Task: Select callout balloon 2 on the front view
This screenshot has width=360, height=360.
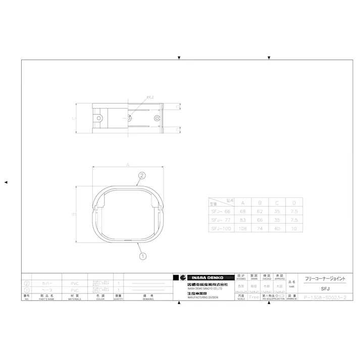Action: point(142,176)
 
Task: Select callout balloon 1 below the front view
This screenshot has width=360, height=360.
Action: point(142,255)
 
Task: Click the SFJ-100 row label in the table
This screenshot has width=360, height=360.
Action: point(220,229)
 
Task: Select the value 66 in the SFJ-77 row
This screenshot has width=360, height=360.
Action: point(260,220)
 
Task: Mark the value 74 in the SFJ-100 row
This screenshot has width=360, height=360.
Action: point(260,229)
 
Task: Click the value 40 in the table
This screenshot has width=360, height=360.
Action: point(277,229)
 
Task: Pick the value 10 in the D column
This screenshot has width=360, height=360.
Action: point(295,229)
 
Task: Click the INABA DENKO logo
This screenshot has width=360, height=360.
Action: point(204,278)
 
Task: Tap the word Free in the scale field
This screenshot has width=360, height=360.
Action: point(254,297)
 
